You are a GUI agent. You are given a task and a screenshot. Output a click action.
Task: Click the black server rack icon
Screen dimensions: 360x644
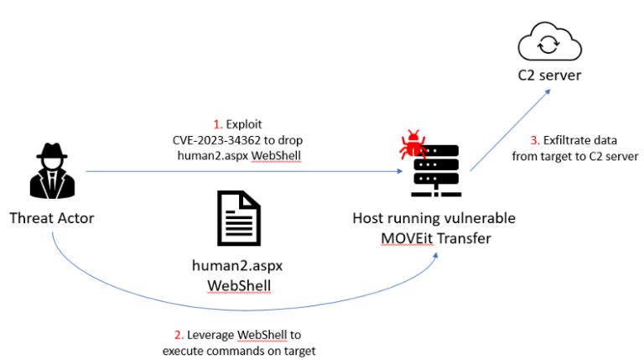pyautogui.click(x=436, y=171)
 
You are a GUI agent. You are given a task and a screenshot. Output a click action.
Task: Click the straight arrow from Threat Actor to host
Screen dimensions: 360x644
pyautogui.click(x=243, y=171)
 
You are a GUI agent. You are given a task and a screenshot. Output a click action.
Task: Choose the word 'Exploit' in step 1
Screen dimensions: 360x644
pyautogui.click(x=244, y=124)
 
